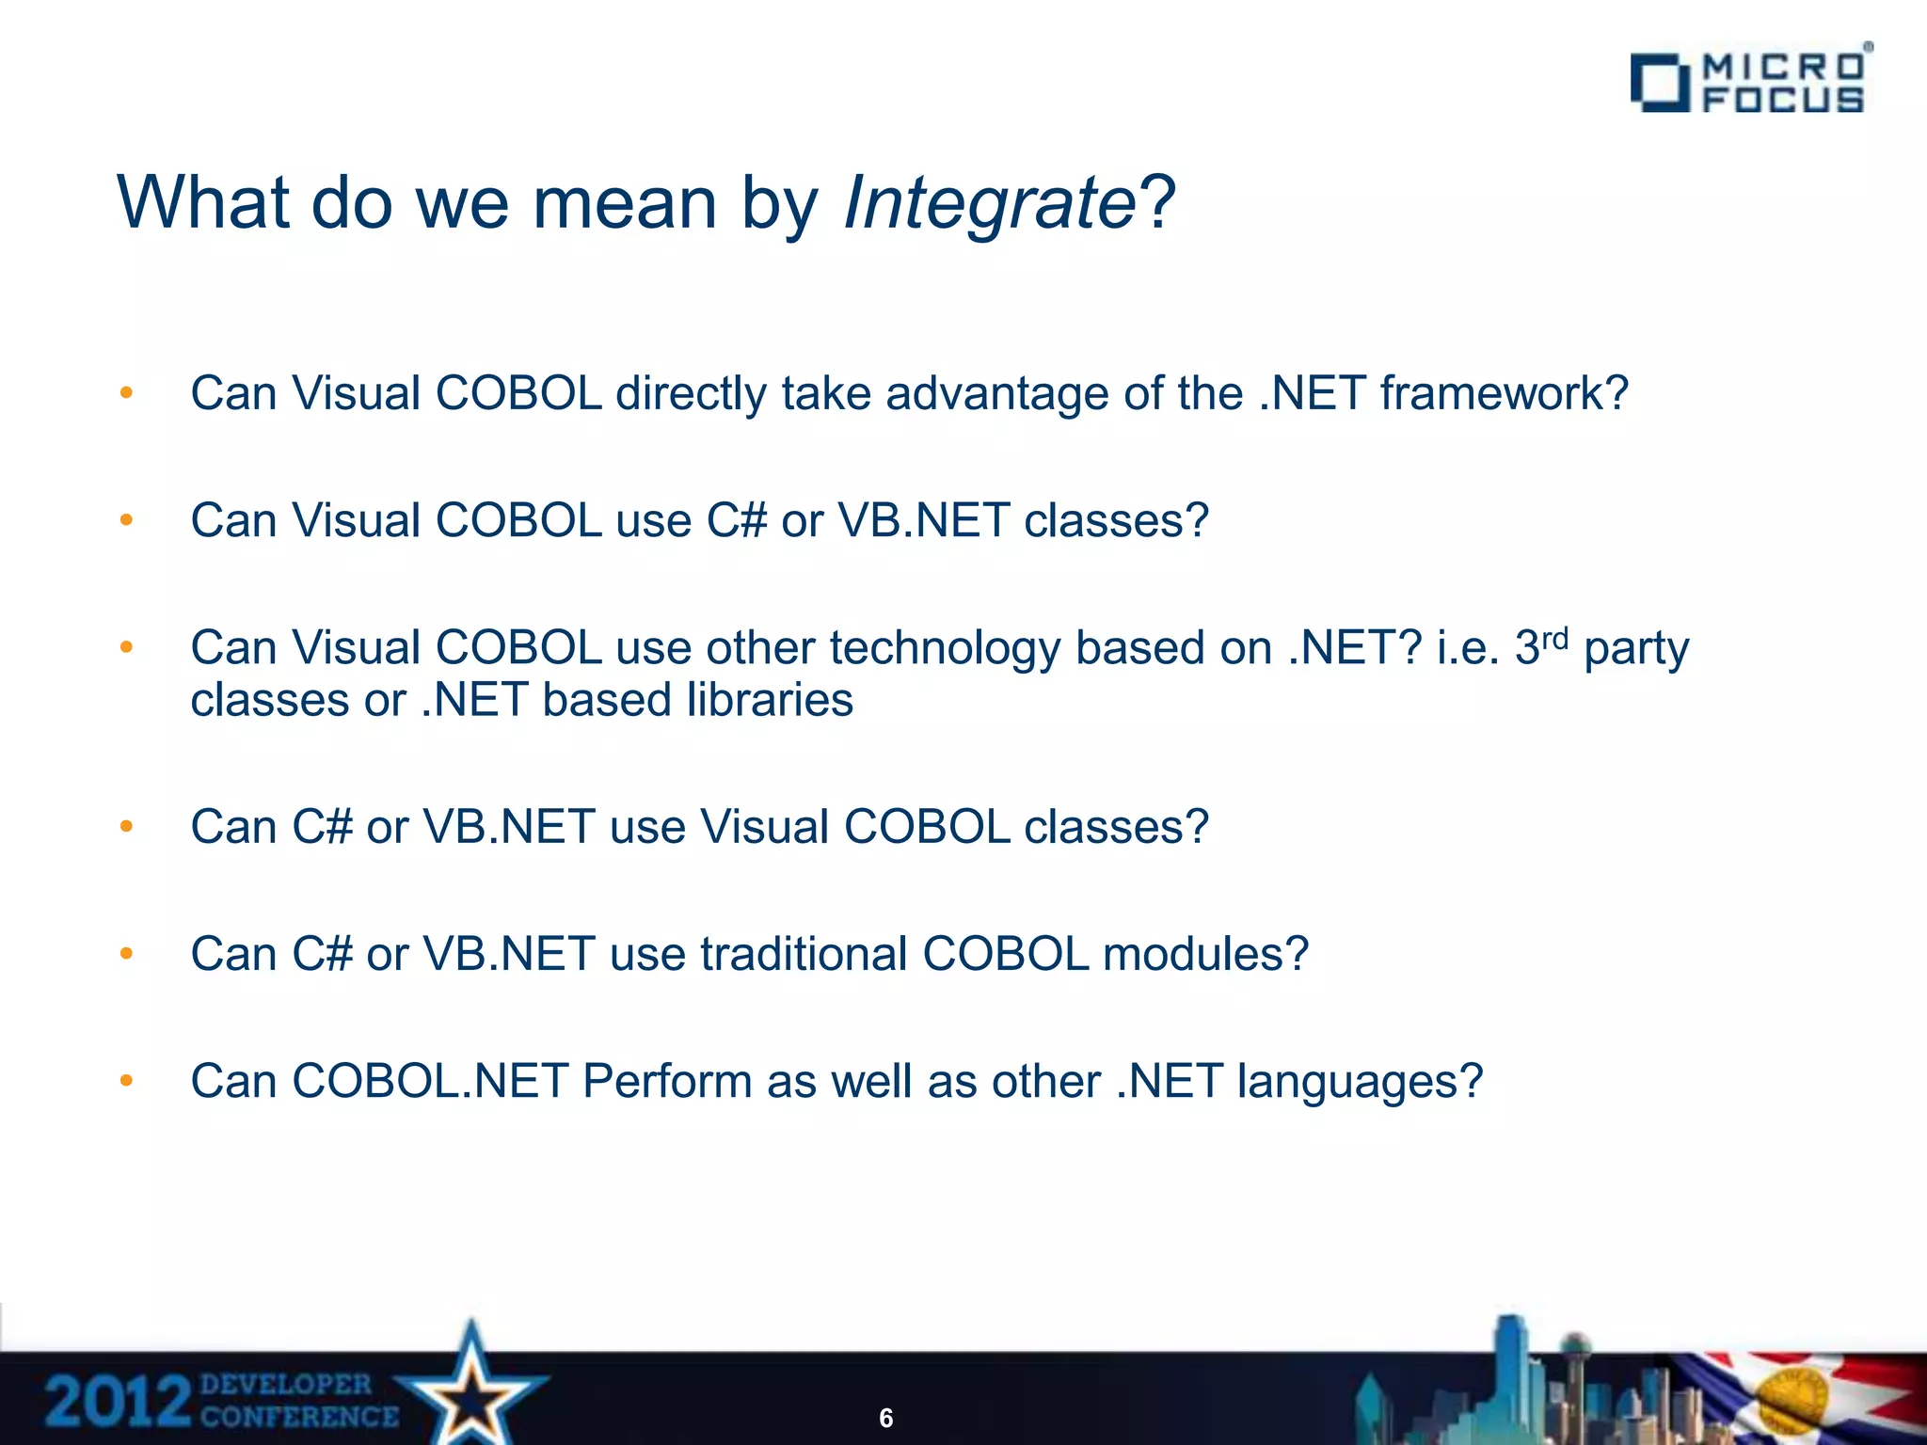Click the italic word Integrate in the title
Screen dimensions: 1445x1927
click(990, 202)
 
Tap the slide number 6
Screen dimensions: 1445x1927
click(885, 1418)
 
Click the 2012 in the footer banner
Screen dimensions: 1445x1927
click(118, 1402)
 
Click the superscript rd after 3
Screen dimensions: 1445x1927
click(1555, 639)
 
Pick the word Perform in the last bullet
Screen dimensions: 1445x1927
click(667, 1081)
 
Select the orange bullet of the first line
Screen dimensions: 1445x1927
click(126, 393)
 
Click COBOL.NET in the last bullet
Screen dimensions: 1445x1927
click(429, 1081)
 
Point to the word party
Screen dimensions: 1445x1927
click(1636, 649)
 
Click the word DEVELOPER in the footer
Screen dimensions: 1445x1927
click(286, 1384)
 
